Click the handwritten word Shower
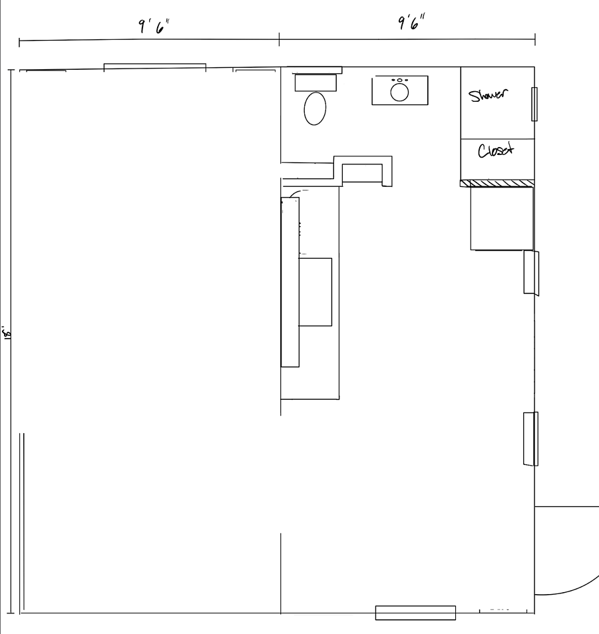pos(488,95)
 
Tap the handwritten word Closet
pos(496,150)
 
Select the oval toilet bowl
pos(315,108)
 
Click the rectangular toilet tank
pos(315,83)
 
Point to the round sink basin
pos(399,92)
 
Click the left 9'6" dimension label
pos(154,27)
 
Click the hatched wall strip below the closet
pos(497,184)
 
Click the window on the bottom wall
pos(415,613)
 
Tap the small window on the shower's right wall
pos(534,104)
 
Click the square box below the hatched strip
pos(502,218)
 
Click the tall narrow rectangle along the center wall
pos(290,282)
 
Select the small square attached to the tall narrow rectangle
pos(315,292)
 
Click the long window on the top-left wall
pos(155,67)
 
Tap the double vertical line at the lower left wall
pos(22,521)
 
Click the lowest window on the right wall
pos(530,438)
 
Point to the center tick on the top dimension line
pos(279,40)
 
